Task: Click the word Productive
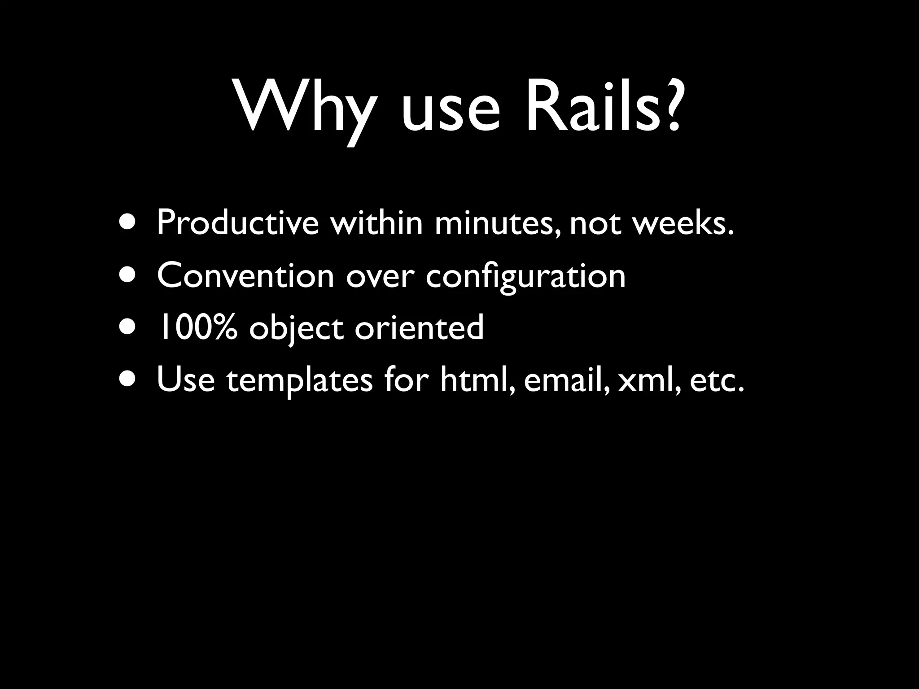(x=237, y=222)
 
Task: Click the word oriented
(x=420, y=327)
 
